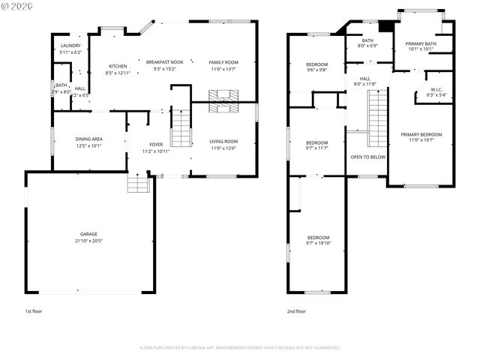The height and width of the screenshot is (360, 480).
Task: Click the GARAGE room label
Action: coord(89,234)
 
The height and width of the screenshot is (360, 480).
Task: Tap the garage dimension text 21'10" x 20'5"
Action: coord(89,241)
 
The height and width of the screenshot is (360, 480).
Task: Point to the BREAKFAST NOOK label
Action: coord(164,61)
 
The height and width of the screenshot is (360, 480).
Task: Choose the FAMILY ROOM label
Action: coord(223,61)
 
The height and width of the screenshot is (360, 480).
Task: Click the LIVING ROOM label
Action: coord(223,141)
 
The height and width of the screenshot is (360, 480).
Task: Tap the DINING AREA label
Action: coord(89,139)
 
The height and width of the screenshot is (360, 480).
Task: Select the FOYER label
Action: coord(156,144)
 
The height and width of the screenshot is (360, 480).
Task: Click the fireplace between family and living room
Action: coord(223,101)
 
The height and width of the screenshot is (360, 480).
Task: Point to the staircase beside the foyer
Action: coord(181,127)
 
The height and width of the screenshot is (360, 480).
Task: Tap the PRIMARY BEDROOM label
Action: coord(421,134)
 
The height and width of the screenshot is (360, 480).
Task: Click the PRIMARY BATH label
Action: coord(421,43)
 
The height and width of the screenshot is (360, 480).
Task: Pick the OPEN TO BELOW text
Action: coord(367,157)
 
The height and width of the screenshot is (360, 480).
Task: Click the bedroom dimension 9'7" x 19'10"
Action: coord(317,244)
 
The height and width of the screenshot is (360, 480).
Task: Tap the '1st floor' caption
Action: coord(33,310)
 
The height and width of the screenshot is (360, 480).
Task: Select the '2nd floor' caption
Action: coord(296,310)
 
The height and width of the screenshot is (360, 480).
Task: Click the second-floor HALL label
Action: coord(364,78)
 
